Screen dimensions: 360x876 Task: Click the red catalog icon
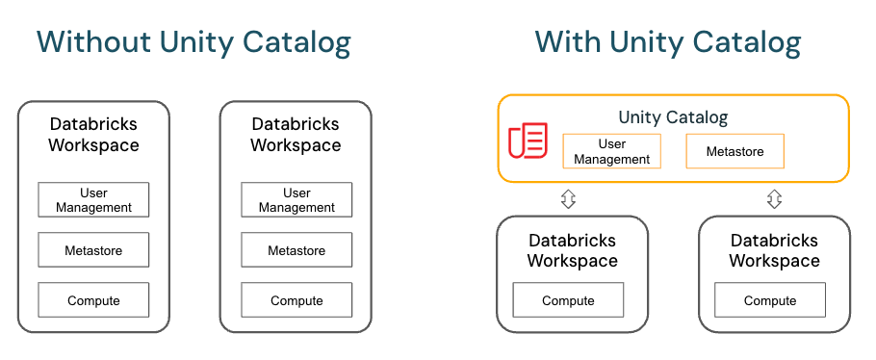[x=528, y=141]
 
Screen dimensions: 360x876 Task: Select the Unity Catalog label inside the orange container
[x=673, y=117]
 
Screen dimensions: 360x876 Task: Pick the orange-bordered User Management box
[x=612, y=151]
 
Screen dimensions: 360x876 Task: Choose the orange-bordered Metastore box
[x=734, y=151]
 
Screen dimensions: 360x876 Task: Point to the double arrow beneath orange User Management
[x=568, y=198]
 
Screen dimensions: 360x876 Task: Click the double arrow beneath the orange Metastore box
[x=774, y=198]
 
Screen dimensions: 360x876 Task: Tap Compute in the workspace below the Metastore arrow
[x=770, y=300]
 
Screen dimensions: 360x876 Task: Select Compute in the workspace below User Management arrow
[x=568, y=300]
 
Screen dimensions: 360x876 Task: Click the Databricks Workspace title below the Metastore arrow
[x=774, y=250]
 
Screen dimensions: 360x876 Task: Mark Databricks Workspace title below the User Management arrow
[x=572, y=250]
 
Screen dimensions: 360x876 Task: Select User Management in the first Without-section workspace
[x=93, y=199]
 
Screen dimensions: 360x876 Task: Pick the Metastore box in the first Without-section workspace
[x=93, y=250]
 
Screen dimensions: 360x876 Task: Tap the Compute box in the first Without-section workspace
[x=93, y=300]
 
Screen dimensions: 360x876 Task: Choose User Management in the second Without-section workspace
[x=296, y=199]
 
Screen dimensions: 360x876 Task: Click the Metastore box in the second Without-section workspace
[x=296, y=250]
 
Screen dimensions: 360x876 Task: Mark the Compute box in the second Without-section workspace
[x=296, y=300]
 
